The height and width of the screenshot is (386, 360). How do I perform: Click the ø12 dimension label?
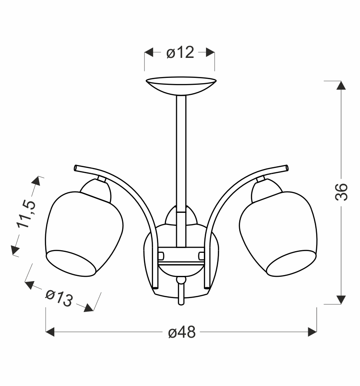click(180, 52)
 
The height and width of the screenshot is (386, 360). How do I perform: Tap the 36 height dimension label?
click(341, 192)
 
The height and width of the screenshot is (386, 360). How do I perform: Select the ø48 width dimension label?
click(182, 332)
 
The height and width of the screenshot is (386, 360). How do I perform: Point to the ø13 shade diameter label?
click(59, 298)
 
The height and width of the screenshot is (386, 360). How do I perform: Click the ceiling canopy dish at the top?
click(181, 85)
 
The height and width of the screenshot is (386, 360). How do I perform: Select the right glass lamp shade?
click(278, 234)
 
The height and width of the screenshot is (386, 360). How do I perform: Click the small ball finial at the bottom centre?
click(181, 280)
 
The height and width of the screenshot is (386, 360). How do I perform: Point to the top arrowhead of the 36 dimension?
click(341, 85)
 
